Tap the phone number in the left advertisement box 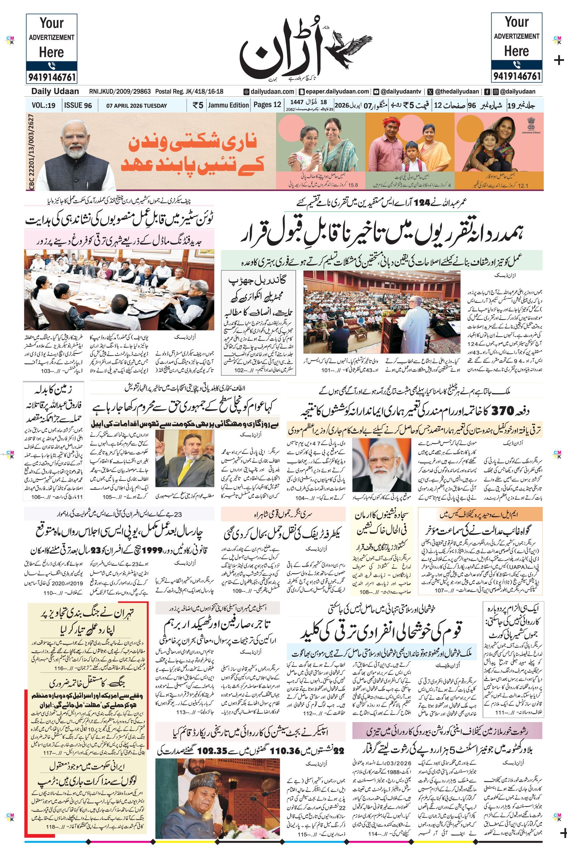pyautogui.click(x=51, y=77)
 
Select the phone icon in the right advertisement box pyautogui.click(x=516, y=65)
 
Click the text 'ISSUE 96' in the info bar pyautogui.click(x=78, y=106)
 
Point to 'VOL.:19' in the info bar pyautogui.click(x=43, y=106)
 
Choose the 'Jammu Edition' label pyautogui.click(x=229, y=105)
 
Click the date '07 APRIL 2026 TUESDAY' pyautogui.click(x=136, y=106)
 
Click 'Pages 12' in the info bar pyautogui.click(x=267, y=105)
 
